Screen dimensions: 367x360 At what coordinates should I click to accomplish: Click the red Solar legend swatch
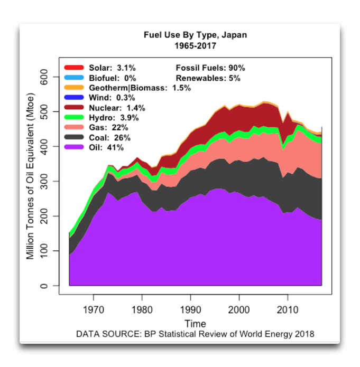tap(74, 68)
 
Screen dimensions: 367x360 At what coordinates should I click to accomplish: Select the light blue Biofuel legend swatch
tap(74, 78)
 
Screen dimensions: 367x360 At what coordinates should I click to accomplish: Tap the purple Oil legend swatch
tap(74, 147)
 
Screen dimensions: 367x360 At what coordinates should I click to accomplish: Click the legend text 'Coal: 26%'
tap(109, 137)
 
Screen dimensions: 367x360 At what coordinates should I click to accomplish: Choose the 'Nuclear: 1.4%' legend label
tap(117, 108)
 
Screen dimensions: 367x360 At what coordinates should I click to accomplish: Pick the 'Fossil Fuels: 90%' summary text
tap(210, 68)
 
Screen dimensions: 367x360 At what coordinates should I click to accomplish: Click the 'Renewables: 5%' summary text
tap(208, 78)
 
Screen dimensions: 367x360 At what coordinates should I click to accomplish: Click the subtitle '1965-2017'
tap(195, 46)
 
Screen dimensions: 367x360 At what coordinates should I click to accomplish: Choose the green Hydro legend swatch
tap(74, 118)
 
